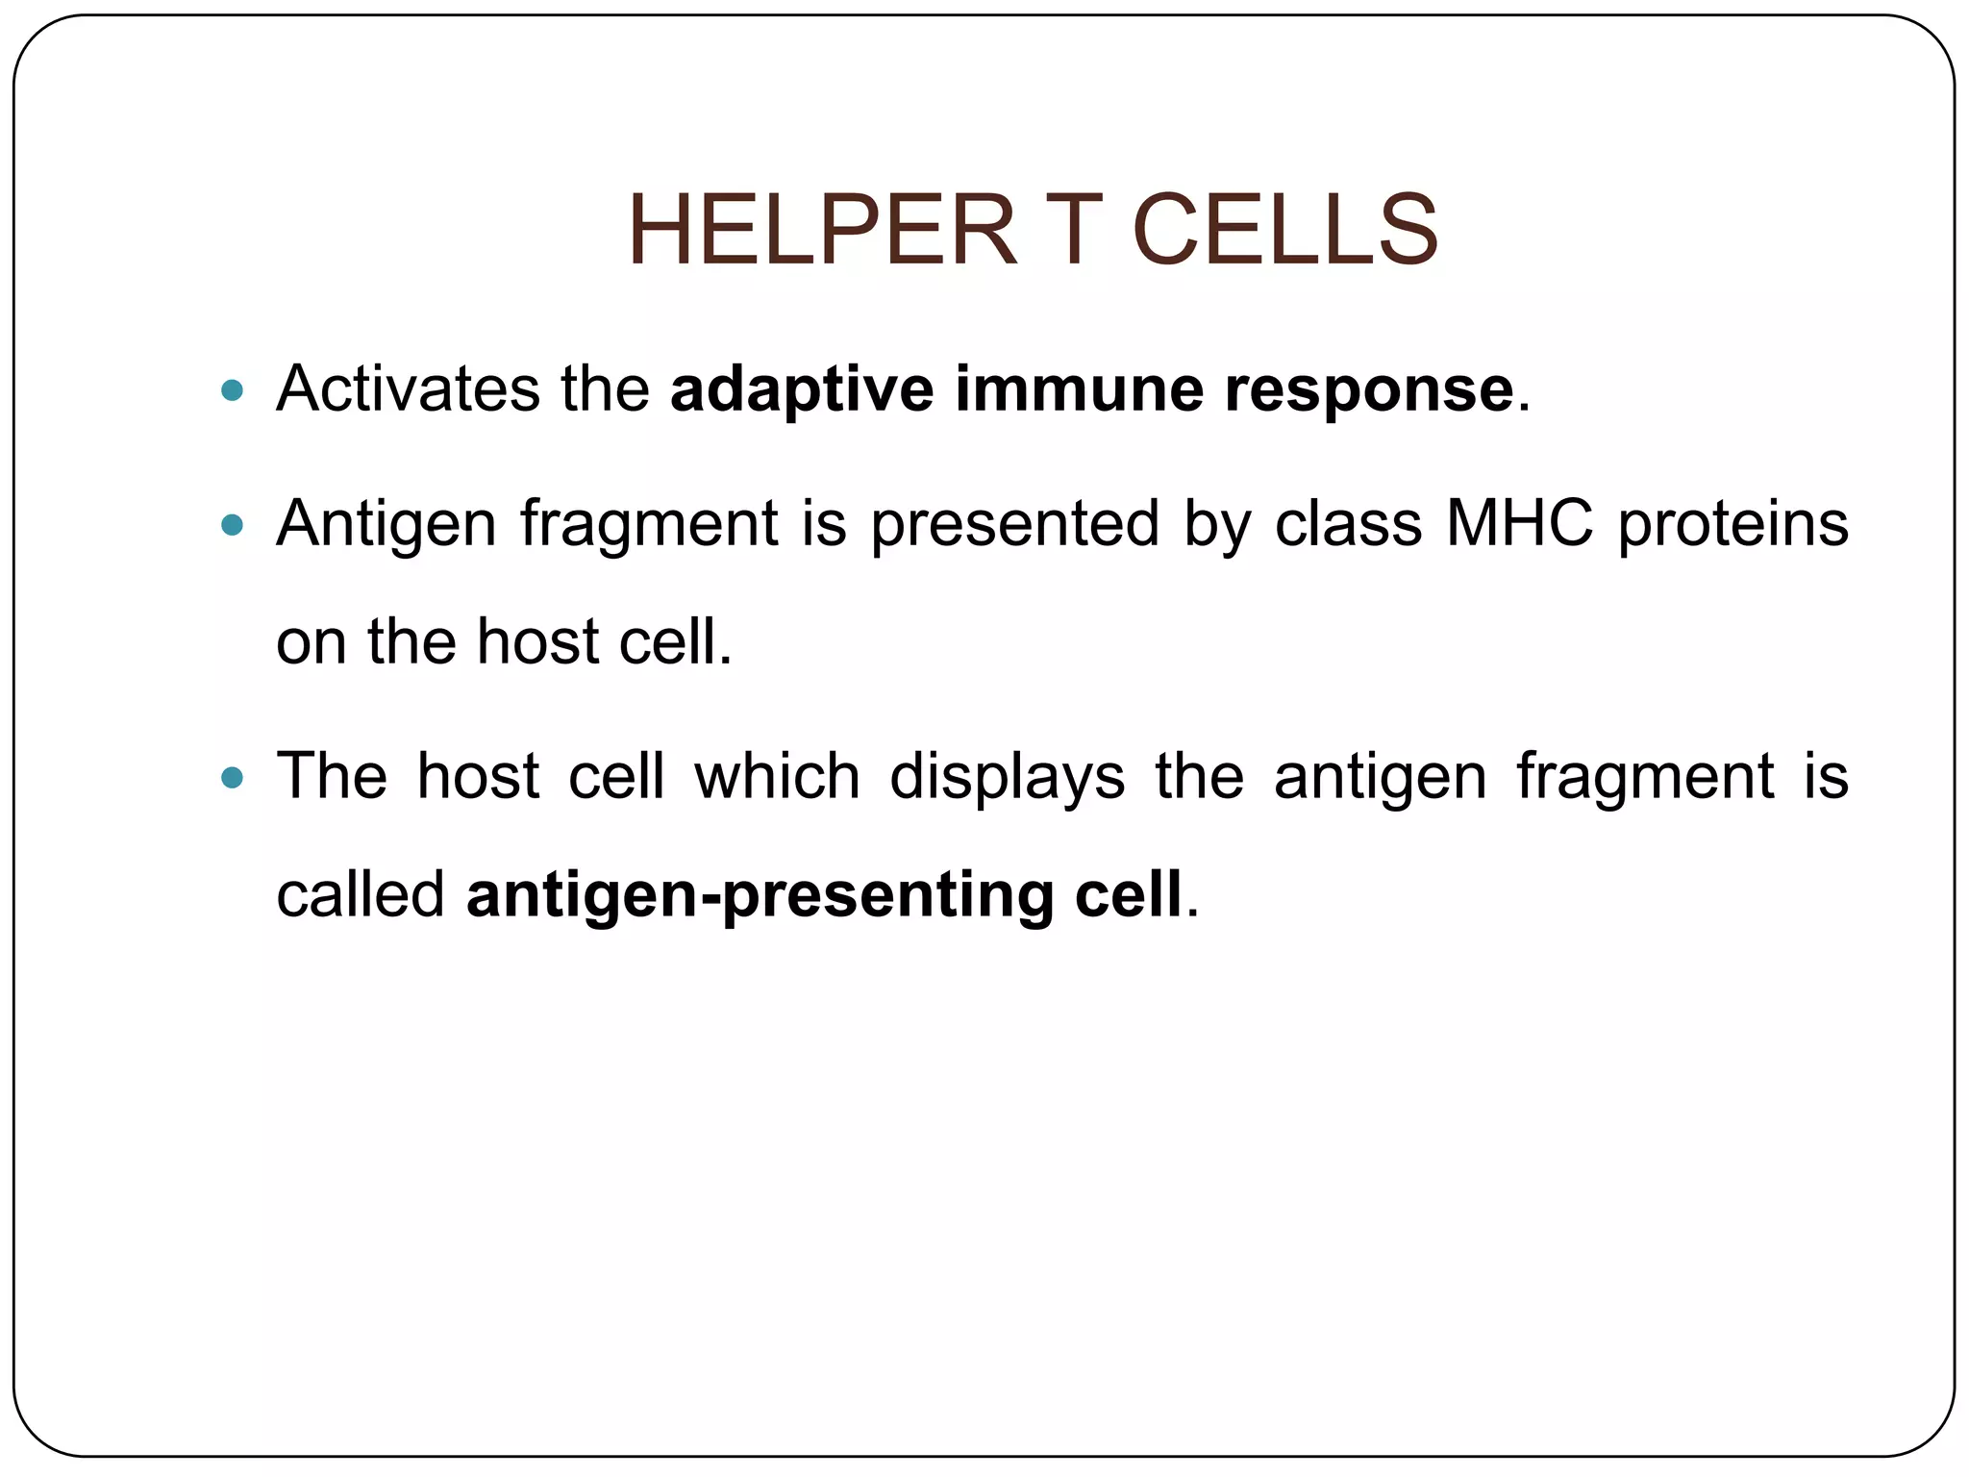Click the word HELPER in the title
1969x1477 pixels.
[x=822, y=231]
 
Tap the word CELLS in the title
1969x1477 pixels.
[x=1284, y=231]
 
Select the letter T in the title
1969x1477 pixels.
[x=1073, y=231]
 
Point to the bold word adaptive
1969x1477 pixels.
[x=802, y=390]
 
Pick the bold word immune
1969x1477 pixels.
[x=1080, y=388]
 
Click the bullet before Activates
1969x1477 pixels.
[x=232, y=390]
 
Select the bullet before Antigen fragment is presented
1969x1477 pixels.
[x=232, y=525]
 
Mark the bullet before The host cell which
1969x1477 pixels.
[x=232, y=777]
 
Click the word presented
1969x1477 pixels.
[x=1015, y=525]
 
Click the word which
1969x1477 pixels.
[x=777, y=775]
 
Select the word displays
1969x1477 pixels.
[x=1007, y=777]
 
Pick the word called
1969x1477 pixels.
[x=361, y=893]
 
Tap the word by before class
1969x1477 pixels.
[x=1216, y=525]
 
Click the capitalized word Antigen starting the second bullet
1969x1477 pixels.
[x=386, y=525]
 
